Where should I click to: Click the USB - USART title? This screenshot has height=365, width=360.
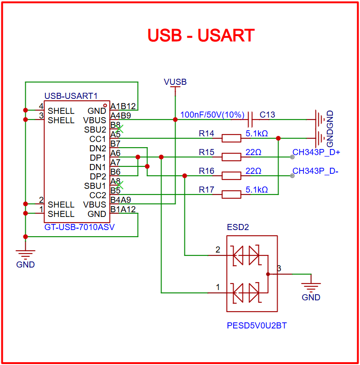tap(201, 36)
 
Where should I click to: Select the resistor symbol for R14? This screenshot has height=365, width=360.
tap(231, 138)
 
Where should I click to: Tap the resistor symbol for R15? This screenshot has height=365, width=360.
tap(231, 157)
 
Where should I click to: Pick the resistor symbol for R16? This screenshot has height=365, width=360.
tap(231, 176)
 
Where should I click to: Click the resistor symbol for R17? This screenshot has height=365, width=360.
tap(231, 194)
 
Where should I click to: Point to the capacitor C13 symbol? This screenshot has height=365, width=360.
tap(251, 119)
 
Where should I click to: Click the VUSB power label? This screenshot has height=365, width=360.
tap(175, 82)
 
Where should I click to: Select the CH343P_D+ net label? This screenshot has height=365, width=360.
tap(316, 152)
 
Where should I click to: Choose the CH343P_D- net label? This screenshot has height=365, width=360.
tap(315, 171)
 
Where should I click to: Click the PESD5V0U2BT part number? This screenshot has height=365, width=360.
tap(256, 325)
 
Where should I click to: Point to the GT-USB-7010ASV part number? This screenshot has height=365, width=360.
tap(80, 227)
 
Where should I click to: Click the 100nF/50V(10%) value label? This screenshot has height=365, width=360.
tap(213, 115)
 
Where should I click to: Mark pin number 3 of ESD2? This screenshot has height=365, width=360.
tap(279, 269)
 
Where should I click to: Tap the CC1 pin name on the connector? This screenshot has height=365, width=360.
tap(98, 139)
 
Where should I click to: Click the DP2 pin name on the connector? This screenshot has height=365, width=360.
tap(98, 177)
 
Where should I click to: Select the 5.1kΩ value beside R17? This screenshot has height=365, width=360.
tap(257, 190)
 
